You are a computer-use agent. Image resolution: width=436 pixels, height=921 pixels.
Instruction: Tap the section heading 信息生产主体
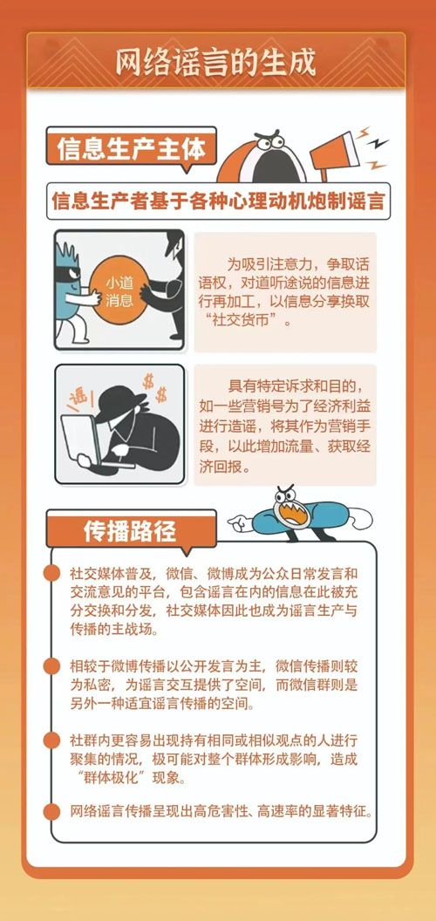(x=131, y=149)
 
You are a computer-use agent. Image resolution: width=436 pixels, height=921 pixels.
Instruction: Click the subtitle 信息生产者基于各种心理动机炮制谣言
(x=218, y=199)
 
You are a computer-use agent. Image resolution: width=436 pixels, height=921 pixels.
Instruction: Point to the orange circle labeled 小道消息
(x=119, y=292)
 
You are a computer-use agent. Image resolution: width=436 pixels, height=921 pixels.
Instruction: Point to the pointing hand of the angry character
(x=240, y=522)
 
